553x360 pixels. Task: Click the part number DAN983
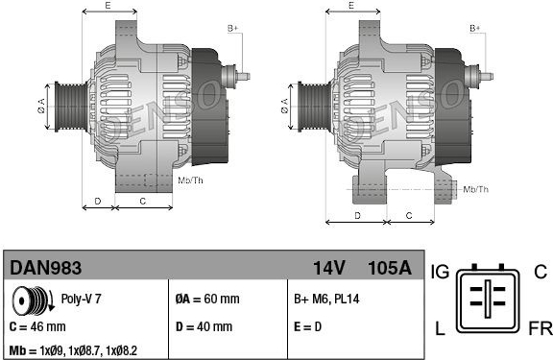click(45, 268)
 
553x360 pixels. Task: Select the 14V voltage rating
click(329, 268)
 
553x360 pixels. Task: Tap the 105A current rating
click(390, 268)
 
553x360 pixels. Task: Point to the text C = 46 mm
click(37, 326)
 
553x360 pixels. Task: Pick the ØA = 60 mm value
click(207, 299)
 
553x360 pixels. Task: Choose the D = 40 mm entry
click(204, 326)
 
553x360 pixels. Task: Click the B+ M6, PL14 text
click(326, 299)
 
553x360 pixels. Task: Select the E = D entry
click(307, 326)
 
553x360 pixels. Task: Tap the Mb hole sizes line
click(73, 350)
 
